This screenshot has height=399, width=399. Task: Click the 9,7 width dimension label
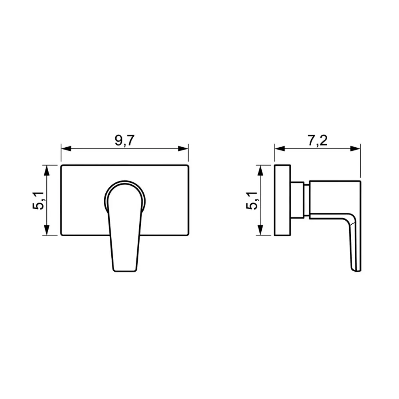coord(124,140)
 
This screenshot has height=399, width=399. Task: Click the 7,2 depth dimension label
coord(318,140)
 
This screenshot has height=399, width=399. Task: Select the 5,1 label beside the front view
coord(38,201)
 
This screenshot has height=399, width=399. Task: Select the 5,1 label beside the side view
coord(252,201)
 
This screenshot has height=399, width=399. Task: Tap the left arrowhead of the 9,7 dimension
coord(66,148)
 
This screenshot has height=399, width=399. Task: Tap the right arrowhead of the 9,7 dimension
coord(183,148)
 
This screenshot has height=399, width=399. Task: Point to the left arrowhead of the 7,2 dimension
coord(280,148)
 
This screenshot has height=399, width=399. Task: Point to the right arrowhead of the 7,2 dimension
coord(356,148)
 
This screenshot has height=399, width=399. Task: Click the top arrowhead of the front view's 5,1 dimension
coord(46,170)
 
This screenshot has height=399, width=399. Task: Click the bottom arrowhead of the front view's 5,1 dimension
coord(46,230)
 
